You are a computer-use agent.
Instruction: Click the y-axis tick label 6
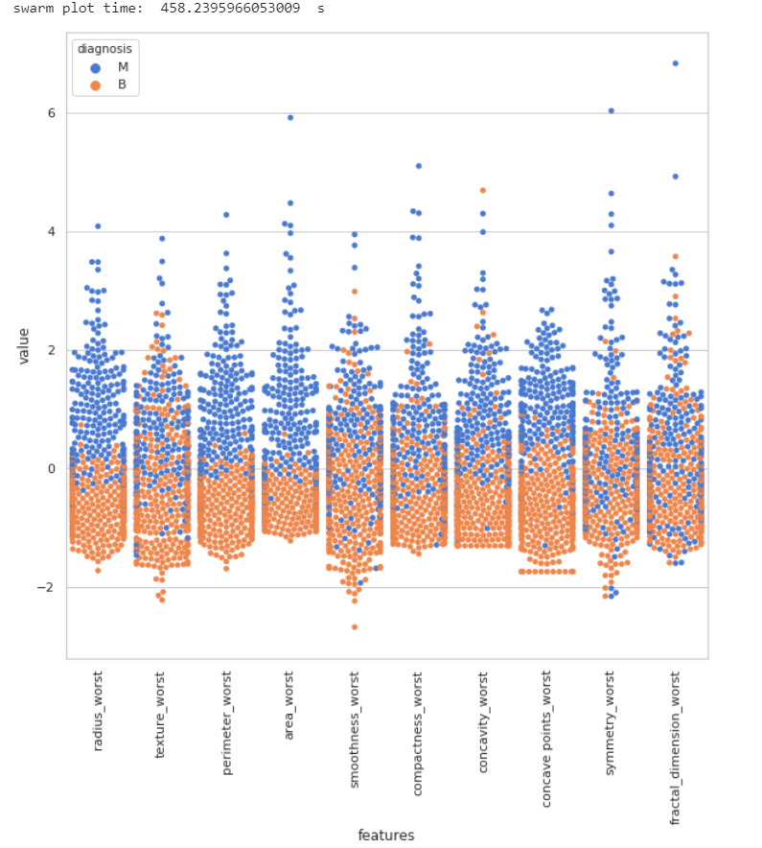[54, 113]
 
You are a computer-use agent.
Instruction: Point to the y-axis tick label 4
[54, 232]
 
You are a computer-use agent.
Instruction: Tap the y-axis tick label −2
[51, 588]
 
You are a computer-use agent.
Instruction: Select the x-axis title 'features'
[386, 836]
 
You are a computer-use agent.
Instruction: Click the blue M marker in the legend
[95, 67]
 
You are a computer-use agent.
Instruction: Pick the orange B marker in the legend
[95, 86]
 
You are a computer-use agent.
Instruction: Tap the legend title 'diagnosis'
[105, 47]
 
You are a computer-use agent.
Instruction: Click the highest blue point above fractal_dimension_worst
[676, 63]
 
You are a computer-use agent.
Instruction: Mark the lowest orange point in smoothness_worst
[355, 627]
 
